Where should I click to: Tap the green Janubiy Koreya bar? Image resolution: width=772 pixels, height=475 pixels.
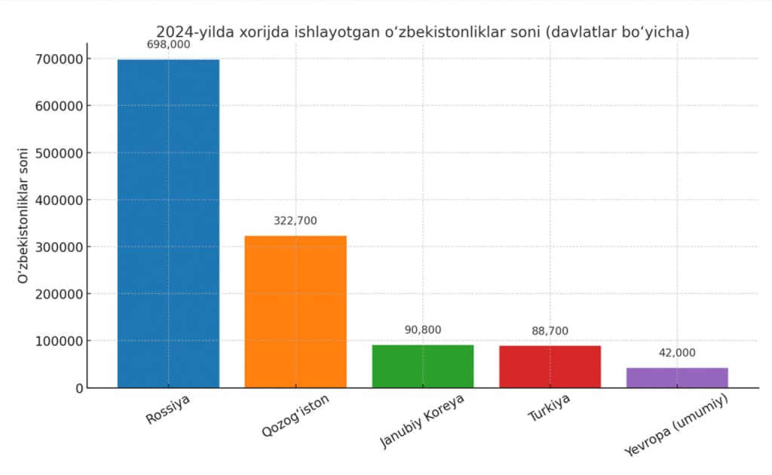pos(423,366)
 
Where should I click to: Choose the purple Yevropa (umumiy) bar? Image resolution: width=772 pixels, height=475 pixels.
pos(677,378)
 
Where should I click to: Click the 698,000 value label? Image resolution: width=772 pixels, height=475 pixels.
pos(168,45)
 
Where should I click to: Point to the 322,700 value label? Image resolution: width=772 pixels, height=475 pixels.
pos(296,221)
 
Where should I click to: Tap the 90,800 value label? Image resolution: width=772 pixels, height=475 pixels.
pos(423,330)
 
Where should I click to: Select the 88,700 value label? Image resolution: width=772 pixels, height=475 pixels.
pos(550,331)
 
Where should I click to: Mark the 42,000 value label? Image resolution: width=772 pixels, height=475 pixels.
pos(677,353)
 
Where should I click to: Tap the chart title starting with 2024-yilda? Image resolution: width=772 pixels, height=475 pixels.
pos(422,32)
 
